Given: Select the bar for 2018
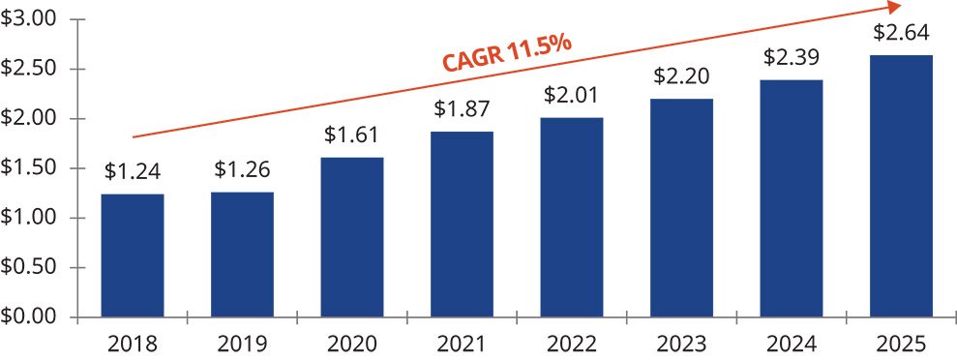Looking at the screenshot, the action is pyautogui.click(x=133, y=255).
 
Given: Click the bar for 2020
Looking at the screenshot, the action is pyautogui.click(x=352, y=237).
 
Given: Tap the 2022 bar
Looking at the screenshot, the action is pyautogui.click(x=572, y=217).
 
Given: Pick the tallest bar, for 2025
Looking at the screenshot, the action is pyautogui.click(x=902, y=186).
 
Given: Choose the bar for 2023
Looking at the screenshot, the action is pyautogui.click(x=682, y=208).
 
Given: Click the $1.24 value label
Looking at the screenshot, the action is pyautogui.click(x=133, y=172).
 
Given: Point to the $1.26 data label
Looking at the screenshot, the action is pyautogui.click(x=242, y=170).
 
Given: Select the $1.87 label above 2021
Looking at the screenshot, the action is pyautogui.click(x=462, y=108).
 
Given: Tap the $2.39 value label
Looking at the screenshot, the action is pyautogui.click(x=792, y=57).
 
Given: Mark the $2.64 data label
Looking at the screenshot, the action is pyautogui.click(x=902, y=32).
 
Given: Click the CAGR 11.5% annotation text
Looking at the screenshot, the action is pyautogui.click(x=507, y=53).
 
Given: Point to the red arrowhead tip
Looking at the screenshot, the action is pyautogui.click(x=902, y=6).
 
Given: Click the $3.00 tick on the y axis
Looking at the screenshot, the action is pyautogui.click(x=29, y=19).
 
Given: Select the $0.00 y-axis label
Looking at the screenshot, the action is pyautogui.click(x=29, y=317).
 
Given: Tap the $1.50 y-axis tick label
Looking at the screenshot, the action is pyautogui.click(x=29, y=168).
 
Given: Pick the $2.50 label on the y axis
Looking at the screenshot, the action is pyautogui.click(x=29, y=69).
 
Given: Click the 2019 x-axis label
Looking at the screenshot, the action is pyautogui.click(x=242, y=345).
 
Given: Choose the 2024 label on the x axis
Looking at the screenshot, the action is pyautogui.click(x=792, y=345).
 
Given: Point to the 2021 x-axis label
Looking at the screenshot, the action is pyautogui.click(x=462, y=345).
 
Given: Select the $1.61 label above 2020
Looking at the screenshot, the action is pyautogui.click(x=352, y=135).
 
